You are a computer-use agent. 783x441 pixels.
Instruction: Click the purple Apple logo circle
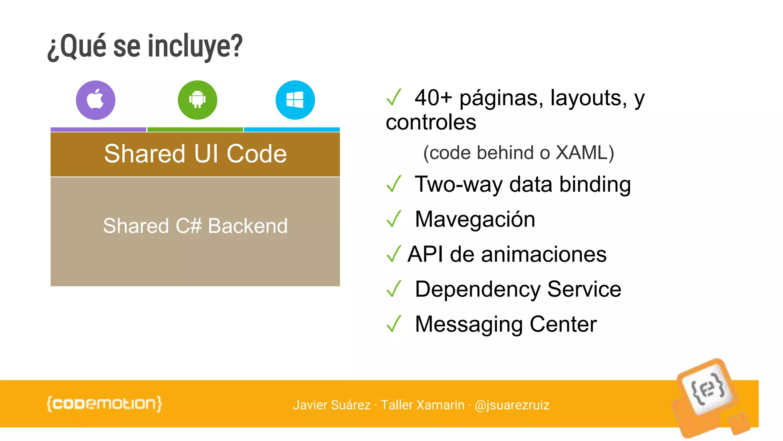(96, 100)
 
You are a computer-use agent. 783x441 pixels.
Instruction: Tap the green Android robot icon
(197, 100)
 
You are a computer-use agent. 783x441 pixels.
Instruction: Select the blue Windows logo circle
(295, 100)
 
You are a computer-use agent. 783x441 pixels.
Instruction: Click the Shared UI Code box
(195, 154)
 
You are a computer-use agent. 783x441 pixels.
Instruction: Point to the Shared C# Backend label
(195, 226)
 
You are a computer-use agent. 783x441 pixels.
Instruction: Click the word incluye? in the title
(195, 47)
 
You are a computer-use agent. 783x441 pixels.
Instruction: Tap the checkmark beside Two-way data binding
(394, 184)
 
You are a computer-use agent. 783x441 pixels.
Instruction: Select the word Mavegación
(475, 219)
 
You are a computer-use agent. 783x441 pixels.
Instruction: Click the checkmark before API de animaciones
(394, 254)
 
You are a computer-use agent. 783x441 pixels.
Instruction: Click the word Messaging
(469, 325)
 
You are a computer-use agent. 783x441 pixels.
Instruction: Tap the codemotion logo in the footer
(104, 404)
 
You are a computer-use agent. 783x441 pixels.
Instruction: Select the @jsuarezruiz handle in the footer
(512, 405)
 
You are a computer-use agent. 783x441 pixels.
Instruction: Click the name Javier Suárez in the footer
(331, 405)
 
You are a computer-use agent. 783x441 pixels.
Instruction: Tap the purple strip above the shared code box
(98, 130)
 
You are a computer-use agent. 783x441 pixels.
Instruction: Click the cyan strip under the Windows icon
(292, 130)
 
